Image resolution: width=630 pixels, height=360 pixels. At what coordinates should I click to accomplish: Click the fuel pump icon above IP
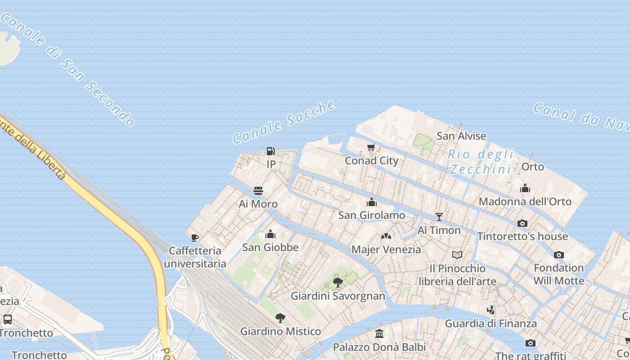point(270,151)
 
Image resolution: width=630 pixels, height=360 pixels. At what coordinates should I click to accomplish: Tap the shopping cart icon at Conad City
point(371,147)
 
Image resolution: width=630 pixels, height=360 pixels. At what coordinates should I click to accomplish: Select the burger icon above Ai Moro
point(258,191)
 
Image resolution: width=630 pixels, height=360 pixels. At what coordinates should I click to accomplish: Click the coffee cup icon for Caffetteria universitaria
point(194,237)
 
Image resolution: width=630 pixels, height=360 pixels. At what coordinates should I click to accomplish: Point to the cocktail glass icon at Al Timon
point(439,217)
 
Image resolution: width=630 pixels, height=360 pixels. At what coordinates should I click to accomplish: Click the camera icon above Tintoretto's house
point(522,223)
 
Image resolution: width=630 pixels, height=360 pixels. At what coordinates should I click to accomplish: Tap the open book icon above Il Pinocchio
point(457,255)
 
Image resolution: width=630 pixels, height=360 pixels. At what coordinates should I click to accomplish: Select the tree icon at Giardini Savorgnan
point(337,283)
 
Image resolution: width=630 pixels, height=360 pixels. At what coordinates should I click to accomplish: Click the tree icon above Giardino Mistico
point(280,318)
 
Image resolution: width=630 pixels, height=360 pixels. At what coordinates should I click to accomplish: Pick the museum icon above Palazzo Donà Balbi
point(379,334)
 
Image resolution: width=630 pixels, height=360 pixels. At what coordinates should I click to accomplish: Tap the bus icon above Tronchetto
point(8,319)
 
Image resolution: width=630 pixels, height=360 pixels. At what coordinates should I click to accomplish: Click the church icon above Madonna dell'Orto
point(525,188)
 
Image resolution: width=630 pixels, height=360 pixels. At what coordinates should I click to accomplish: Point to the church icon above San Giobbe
point(270,234)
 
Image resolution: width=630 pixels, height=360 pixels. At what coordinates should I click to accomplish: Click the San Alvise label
point(461,136)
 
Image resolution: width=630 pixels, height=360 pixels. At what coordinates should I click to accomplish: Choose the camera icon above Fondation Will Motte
point(558,255)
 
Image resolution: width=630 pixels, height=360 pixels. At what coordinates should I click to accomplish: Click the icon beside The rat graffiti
point(531,343)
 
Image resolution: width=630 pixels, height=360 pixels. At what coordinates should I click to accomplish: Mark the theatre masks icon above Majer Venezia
point(386,236)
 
